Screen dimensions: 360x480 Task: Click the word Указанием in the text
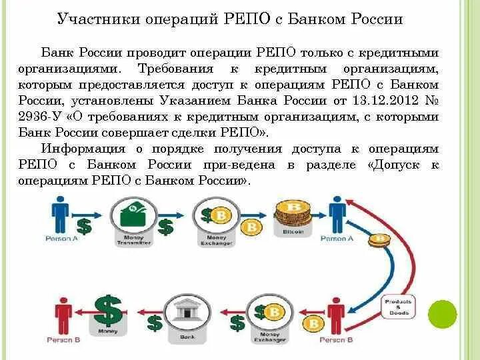(199, 101)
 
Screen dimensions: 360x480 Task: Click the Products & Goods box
(399, 307)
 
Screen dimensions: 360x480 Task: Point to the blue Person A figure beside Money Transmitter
(59, 215)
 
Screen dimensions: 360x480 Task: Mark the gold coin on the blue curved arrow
(381, 240)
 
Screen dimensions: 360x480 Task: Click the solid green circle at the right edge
(442, 314)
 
